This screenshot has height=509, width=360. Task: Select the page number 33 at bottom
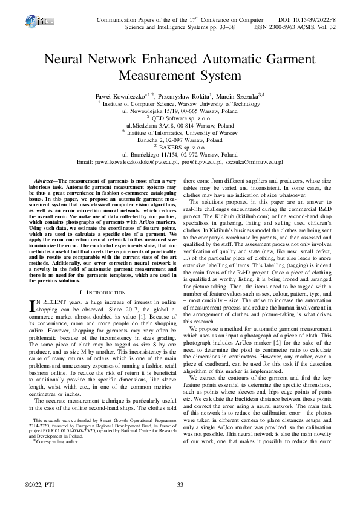pos(180,486)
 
